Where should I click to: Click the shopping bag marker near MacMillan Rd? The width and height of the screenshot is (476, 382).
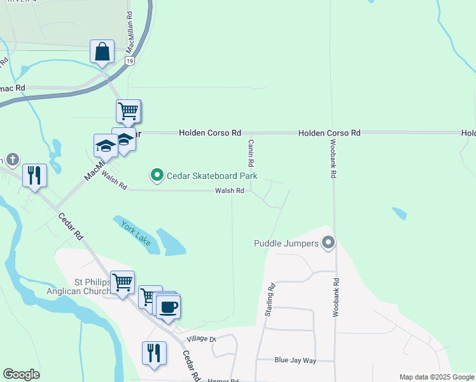(x=102, y=52)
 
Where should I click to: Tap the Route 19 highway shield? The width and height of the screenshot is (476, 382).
(x=130, y=60)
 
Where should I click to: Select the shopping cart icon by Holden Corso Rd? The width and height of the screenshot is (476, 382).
(x=128, y=112)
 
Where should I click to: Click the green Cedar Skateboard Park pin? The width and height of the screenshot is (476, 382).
(x=156, y=174)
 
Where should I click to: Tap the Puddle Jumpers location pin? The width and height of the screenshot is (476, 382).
(x=328, y=243)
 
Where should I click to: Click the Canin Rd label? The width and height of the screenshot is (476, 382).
(x=251, y=151)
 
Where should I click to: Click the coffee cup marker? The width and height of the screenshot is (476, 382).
(x=169, y=306)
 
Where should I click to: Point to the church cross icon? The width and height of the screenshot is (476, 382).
(x=11, y=159)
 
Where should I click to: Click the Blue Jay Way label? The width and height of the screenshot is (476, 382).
(x=295, y=360)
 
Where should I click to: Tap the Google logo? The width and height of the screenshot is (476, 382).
(x=21, y=374)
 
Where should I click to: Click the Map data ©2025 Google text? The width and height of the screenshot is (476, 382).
(x=437, y=377)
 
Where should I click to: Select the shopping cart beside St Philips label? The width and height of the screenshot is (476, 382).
(x=122, y=282)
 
